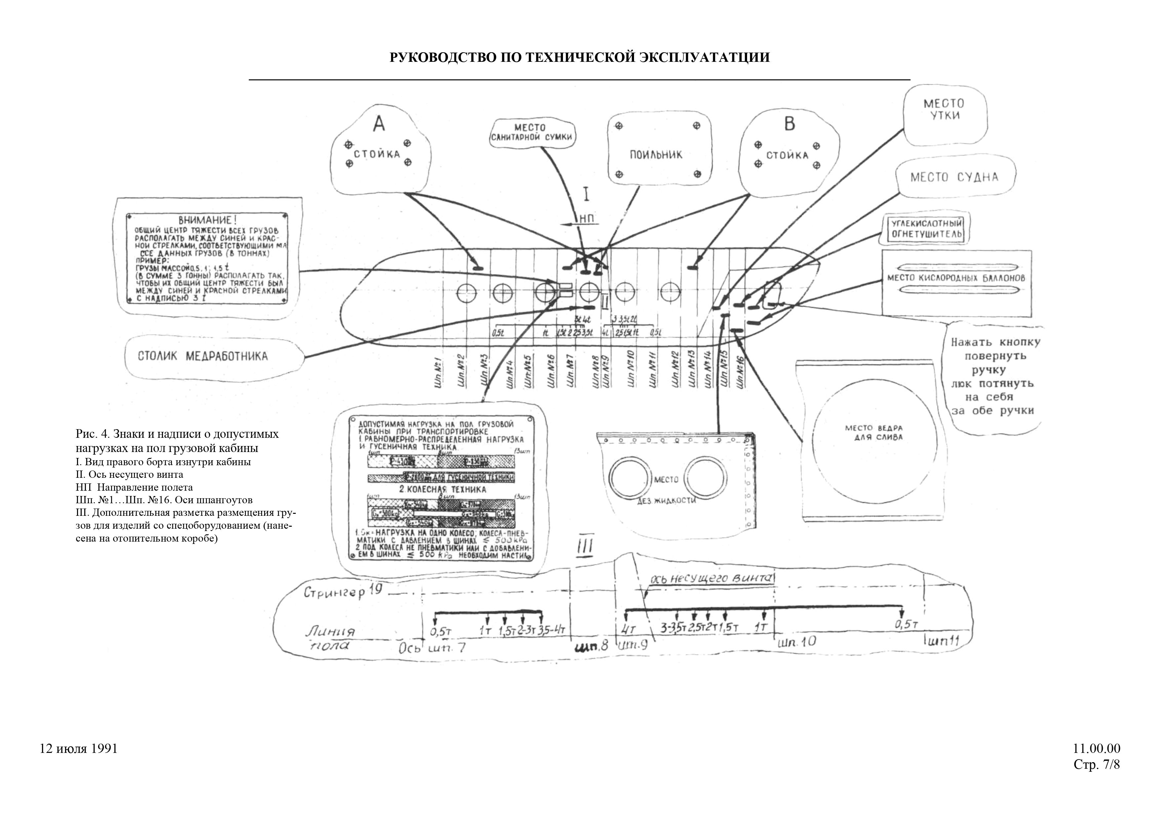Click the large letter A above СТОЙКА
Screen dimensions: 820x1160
point(379,123)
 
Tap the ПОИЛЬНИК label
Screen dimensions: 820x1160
point(656,155)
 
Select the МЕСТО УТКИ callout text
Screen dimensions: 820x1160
point(944,109)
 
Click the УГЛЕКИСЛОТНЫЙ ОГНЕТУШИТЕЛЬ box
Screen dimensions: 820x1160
point(926,229)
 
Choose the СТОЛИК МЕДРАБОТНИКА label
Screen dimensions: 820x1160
point(203,356)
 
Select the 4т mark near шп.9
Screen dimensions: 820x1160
point(629,629)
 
